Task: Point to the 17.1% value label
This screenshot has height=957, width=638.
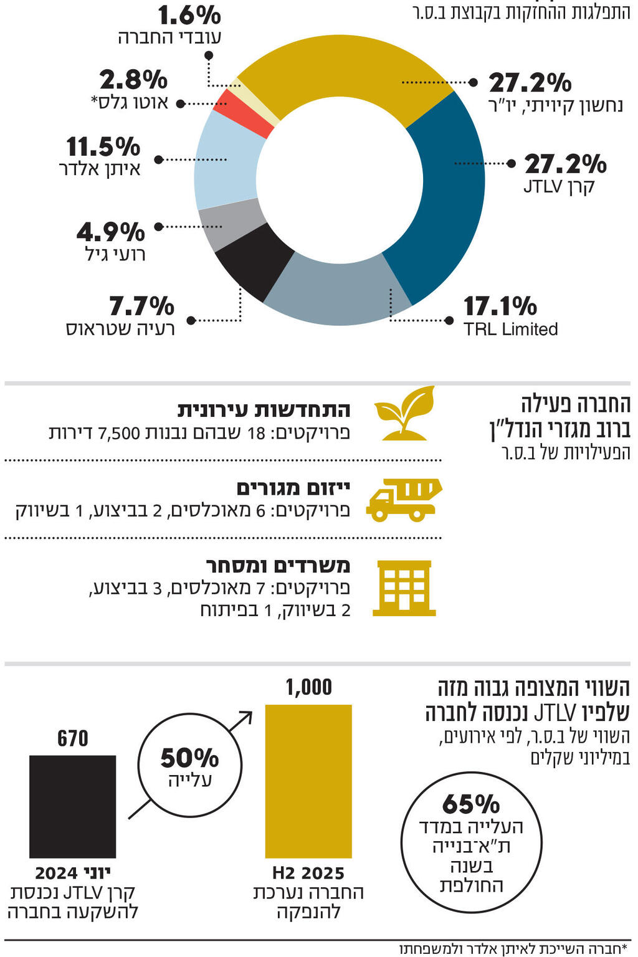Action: [500, 307]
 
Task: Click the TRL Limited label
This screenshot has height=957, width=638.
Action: [510, 329]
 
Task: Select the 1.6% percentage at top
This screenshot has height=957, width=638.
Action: [189, 15]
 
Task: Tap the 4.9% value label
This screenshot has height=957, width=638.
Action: [111, 232]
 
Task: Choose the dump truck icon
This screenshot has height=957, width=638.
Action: [403, 500]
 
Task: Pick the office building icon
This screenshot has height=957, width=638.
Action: [404, 588]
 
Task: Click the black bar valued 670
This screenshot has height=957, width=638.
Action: [72, 806]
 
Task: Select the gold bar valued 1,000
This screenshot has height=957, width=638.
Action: [308, 781]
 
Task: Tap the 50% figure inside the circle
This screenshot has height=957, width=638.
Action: [189, 758]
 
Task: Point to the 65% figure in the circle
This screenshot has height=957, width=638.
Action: [471, 804]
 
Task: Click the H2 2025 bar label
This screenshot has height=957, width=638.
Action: [308, 873]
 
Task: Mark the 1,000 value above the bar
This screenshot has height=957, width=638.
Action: [308, 687]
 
